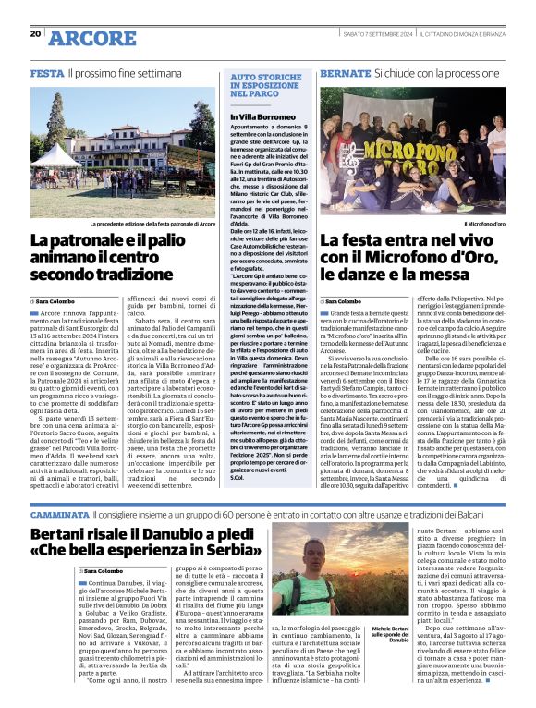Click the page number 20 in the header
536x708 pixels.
pos(35,33)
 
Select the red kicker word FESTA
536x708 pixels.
pos(46,72)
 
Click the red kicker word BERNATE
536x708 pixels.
pos(344,72)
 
